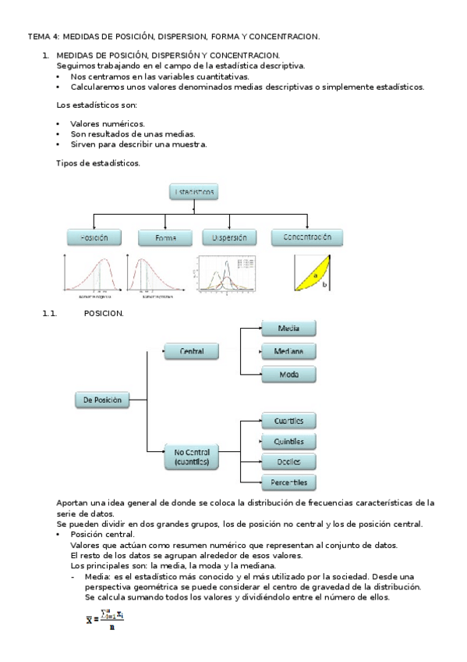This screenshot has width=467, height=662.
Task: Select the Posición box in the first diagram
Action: click(x=93, y=237)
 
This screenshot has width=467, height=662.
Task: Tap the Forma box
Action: click(x=165, y=237)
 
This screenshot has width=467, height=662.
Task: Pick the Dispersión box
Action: click(x=228, y=237)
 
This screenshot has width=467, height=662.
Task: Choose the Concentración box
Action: click(x=306, y=237)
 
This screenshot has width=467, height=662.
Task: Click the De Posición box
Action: click(x=102, y=400)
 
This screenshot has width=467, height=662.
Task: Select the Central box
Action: click(x=192, y=352)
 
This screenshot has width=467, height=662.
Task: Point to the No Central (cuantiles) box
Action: click(x=192, y=457)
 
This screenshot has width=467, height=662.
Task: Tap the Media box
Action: click(x=288, y=329)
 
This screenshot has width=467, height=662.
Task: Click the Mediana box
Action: click(x=288, y=351)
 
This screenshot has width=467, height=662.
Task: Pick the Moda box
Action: click(x=288, y=375)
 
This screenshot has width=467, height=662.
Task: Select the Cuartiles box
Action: click(x=288, y=422)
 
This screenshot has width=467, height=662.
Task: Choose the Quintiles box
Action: click(x=288, y=442)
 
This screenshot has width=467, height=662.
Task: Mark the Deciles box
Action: click(x=288, y=461)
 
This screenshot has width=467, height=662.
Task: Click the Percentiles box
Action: click(x=288, y=482)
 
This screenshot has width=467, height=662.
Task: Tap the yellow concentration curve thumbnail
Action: click(x=313, y=273)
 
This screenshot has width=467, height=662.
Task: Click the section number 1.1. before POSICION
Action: click(x=51, y=314)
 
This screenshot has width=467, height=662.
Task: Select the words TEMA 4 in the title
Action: click(x=43, y=36)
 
